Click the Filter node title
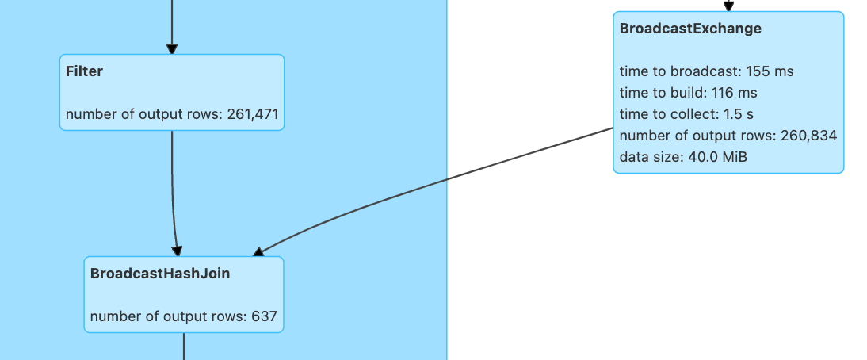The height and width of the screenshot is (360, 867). [x=84, y=71]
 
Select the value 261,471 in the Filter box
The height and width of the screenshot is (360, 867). [x=253, y=114]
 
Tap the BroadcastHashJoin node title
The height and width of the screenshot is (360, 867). [x=160, y=274]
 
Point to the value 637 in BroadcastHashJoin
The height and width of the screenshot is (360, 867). [x=264, y=316]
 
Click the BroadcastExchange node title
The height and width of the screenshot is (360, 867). [x=690, y=29]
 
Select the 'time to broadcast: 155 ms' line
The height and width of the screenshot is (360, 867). [x=706, y=71]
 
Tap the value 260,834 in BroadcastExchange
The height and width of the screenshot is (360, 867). [x=808, y=136]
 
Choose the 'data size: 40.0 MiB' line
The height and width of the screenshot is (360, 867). [x=683, y=157]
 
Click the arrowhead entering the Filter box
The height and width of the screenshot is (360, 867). [x=171, y=49]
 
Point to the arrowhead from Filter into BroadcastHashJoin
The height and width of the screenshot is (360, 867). [x=178, y=251]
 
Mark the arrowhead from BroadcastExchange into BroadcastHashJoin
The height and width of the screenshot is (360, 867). [x=258, y=252]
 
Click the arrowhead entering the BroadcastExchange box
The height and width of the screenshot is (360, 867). [x=728, y=7]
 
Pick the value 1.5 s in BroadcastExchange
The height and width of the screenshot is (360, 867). [x=739, y=114]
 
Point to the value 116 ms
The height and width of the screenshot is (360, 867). [x=735, y=93]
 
